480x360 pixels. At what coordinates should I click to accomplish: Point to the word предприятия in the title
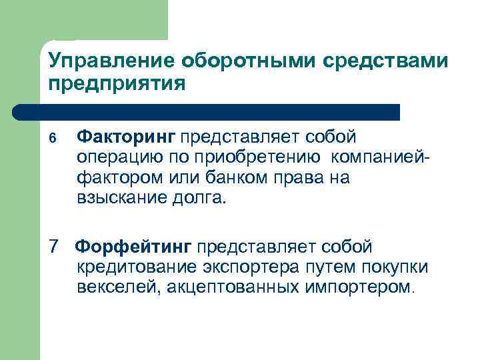coord(115,85)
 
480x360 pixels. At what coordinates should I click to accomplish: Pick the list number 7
coord(55,247)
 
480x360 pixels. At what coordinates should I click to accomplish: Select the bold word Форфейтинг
coord(133,247)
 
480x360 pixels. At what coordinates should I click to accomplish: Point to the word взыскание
coord(118,199)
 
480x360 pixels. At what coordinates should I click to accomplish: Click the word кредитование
coord(128,267)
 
